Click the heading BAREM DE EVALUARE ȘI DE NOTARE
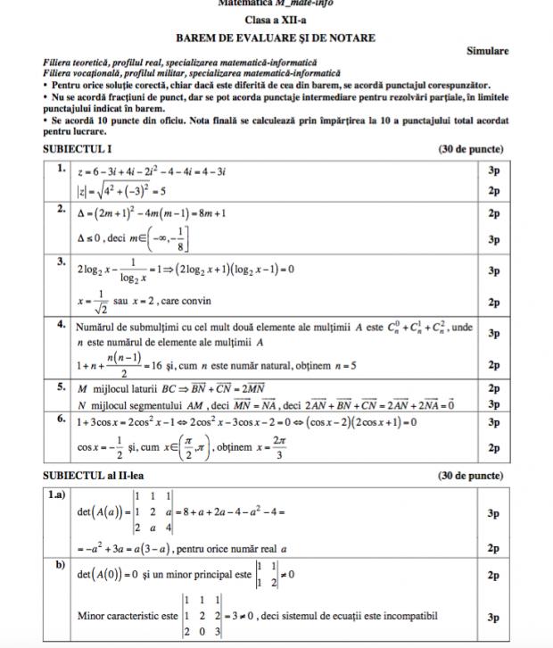point(276,37)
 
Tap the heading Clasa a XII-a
point(276,20)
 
